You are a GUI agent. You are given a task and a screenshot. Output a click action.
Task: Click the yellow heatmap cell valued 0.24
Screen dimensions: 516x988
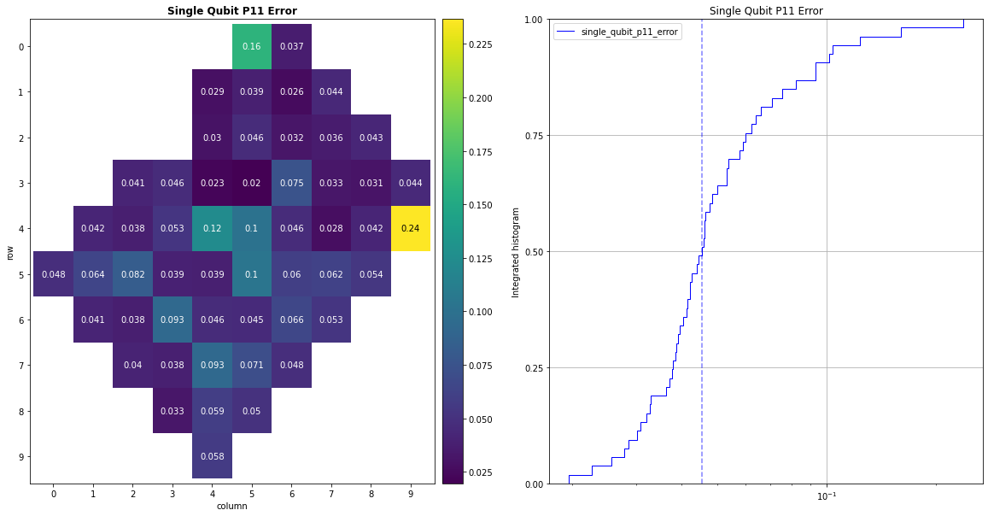[411, 228]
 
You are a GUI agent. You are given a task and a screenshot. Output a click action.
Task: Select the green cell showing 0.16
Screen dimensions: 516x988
[252, 46]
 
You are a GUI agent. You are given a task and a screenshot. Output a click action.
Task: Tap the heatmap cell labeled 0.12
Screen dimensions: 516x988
[212, 228]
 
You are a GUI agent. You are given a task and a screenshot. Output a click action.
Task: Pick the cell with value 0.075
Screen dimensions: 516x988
[291, 183]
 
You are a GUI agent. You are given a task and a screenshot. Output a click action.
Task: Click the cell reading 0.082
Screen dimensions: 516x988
[132, 274]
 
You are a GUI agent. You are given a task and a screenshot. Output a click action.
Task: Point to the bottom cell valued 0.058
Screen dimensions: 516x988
[212, 456]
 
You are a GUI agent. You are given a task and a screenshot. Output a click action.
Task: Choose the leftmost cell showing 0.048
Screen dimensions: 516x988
[53, 274]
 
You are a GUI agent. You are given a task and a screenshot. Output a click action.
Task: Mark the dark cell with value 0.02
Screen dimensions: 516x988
[252, 183]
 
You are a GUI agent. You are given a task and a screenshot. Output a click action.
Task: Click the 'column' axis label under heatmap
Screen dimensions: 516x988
[231, 506]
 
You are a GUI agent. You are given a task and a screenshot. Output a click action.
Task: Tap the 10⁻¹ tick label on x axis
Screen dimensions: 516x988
[826, 497]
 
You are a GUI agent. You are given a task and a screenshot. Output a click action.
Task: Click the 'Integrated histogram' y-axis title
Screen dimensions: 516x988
[515, 251]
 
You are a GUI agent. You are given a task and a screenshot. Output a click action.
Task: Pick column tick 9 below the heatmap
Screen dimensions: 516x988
[411, 494]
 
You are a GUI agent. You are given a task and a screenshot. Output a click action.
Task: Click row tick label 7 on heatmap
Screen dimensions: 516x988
[20, 366]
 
